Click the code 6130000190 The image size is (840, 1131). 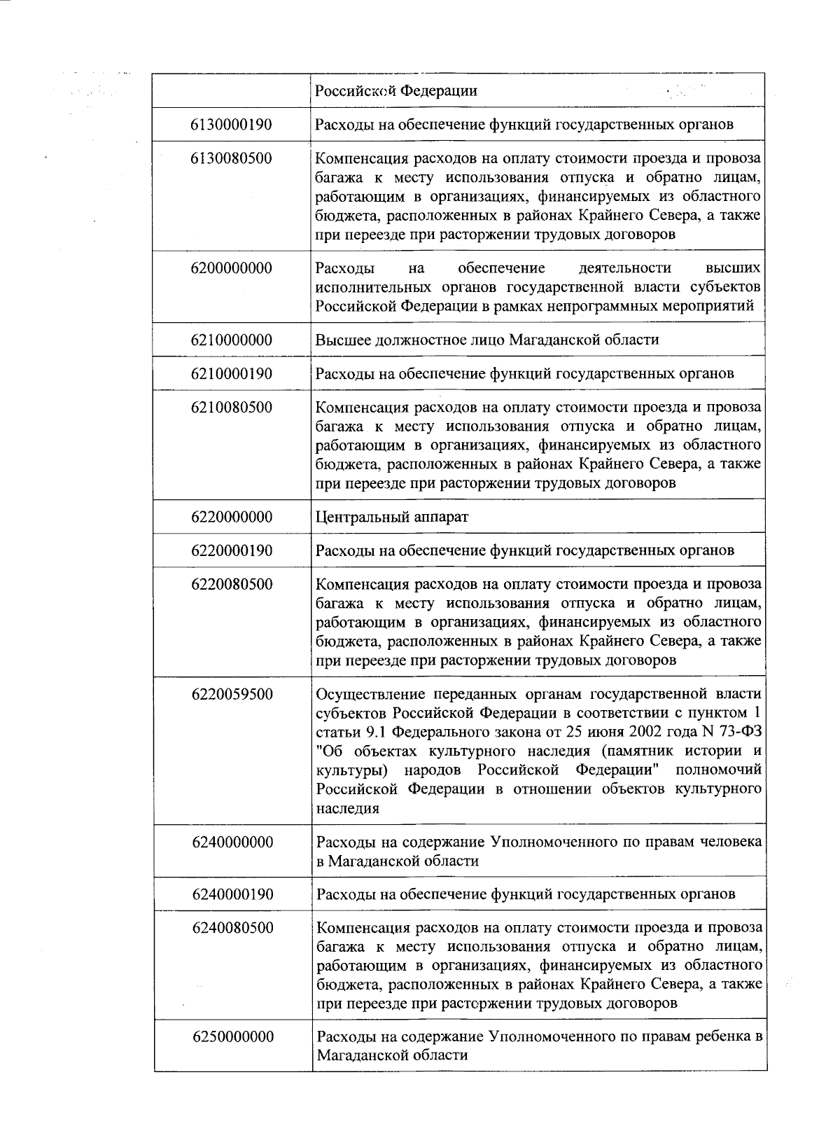pos(231,125)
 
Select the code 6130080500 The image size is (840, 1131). pos(231,158)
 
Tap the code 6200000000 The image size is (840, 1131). pos(231,268)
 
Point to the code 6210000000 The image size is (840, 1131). pos(231,340)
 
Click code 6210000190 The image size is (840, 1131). pos(231,373)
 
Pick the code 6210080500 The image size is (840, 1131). pos(231,408)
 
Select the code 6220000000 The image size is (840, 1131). pos(231,517)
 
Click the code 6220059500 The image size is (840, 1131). pos(232,695)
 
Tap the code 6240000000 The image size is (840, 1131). pos(232,842)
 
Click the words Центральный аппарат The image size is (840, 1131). pos(392,517)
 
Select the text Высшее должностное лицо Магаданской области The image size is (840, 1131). pos(487,340)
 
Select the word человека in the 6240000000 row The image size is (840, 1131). pos(731,842)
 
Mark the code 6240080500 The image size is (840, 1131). pos(232,928)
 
